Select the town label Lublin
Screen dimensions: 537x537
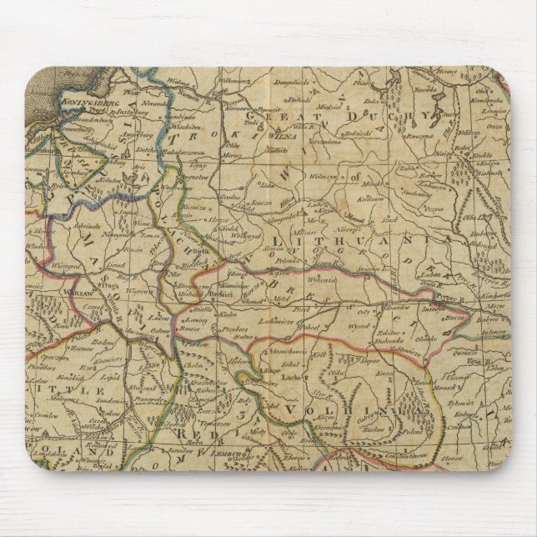coord(148,365)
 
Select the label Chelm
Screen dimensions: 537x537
coord(193,364)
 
